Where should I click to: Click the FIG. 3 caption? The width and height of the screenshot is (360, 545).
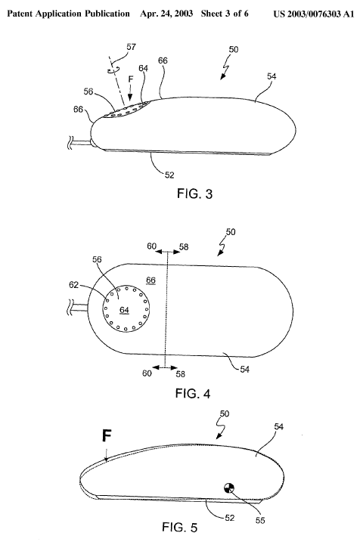[194, 194]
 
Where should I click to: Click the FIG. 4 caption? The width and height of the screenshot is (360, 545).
[193, 394]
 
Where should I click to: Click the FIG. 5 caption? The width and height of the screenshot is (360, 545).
[179, 528]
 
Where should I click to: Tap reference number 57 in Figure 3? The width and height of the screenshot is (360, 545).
[131, 47]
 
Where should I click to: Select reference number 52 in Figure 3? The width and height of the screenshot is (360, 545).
[169, 175]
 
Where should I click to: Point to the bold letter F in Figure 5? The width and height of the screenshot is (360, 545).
[107, 435]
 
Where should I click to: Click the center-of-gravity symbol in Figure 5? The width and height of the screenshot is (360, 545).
[229, 488]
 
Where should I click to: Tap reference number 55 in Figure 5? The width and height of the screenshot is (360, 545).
[260, 520]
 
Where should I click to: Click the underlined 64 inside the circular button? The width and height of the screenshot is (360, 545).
[125, 310]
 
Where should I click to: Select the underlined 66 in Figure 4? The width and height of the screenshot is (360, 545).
[151, 280]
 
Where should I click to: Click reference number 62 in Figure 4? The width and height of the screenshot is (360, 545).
[73, 285]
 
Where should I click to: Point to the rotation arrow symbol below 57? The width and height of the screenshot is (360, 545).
[113, 70]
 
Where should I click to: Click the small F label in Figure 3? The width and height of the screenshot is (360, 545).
[130, 79]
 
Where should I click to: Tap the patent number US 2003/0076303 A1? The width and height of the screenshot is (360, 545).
[313, 14]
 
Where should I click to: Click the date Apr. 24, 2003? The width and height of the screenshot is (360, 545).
[166, 14]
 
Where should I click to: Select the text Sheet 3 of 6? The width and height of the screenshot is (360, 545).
[225, 14]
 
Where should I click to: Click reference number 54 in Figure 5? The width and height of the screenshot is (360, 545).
[278, 426]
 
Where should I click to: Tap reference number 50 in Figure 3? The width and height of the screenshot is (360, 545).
[234, 49]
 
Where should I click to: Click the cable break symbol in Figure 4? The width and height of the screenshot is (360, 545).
[70, 308]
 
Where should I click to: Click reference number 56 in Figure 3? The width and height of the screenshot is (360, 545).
[88, 91]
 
